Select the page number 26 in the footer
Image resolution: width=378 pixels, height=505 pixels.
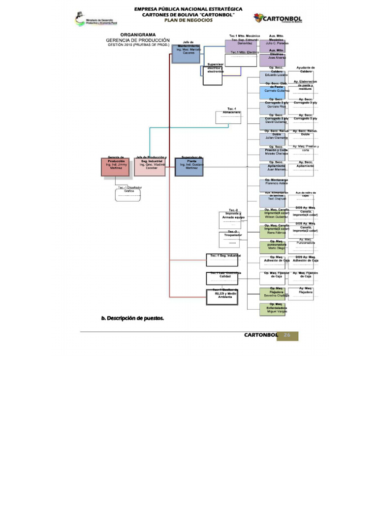click(287, 335)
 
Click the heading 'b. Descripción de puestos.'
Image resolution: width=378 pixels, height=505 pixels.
click(132, 318)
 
